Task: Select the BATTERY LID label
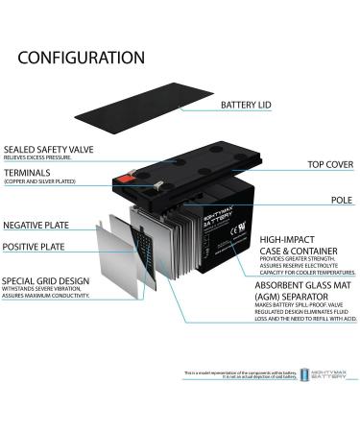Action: pos(251,105)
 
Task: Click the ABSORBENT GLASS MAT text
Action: pos(299,285)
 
